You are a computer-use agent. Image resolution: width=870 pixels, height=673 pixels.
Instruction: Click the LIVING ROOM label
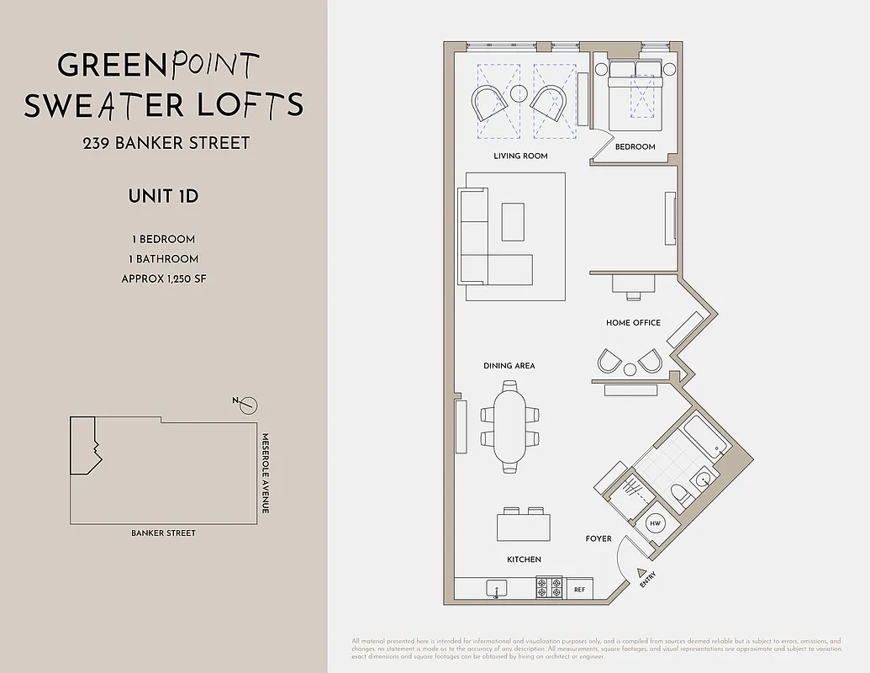(x=520, y=156)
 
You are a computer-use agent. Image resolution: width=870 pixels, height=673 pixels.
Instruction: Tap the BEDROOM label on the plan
(x=635, y=146)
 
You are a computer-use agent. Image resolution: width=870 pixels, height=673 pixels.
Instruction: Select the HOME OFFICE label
(x=633, y=322)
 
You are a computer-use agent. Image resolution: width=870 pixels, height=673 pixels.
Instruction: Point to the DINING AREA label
(x=509, y=366)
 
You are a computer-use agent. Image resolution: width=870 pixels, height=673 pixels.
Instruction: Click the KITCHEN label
(x=524, y=559)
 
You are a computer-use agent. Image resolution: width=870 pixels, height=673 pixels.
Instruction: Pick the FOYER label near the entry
(x=598, y=538)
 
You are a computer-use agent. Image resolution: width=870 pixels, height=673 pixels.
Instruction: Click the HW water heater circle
(x=656, y=523)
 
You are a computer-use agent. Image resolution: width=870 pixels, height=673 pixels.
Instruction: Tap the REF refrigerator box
(x=579, y=590)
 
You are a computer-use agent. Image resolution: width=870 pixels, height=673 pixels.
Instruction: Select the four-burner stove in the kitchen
(x=550, y=587)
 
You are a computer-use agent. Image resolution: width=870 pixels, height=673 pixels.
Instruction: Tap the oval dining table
(x=509, y=427)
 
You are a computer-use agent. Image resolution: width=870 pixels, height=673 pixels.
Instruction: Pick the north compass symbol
(x=247, y=405)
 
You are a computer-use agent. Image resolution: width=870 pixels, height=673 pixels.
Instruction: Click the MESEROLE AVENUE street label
(x=265, y=474)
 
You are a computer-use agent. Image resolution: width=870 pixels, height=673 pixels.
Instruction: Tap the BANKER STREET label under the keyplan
(x=163, y=533)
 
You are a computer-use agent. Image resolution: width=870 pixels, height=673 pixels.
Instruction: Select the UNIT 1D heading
(x=163, y=197)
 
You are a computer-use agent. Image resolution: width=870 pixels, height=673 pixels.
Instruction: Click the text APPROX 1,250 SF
(x=163, y=278)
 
